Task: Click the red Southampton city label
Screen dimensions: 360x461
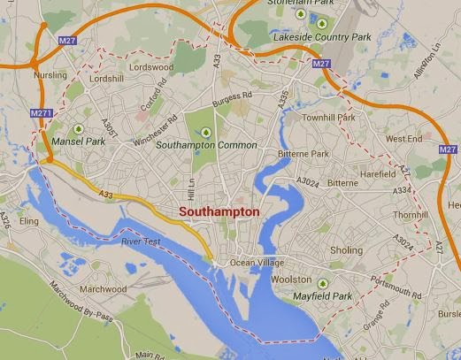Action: (x=219, y=212)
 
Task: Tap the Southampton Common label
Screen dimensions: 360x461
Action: (x=206, y=145)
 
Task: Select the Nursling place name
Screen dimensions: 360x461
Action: (x=50, y=76)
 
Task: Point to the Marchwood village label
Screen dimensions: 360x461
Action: (x=104, y=289)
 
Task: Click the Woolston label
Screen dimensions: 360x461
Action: (x=292, y=280)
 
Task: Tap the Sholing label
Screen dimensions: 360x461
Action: (x=346, y=250)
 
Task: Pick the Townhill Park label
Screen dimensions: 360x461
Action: (x=328, y=118)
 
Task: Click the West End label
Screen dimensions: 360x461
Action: (x=403, y=139)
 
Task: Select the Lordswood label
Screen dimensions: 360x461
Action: (x=150, y=66)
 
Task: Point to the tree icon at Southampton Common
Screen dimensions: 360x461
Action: (x=206, y=133)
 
